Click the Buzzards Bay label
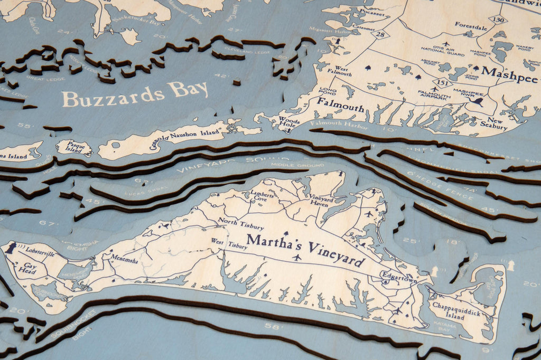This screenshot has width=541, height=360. pyautogui.click(x=135, y=93)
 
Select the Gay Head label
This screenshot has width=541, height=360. pyautogui.click(x=30, y=269)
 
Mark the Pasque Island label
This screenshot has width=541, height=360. pyautogui.click(x=73, y=147)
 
